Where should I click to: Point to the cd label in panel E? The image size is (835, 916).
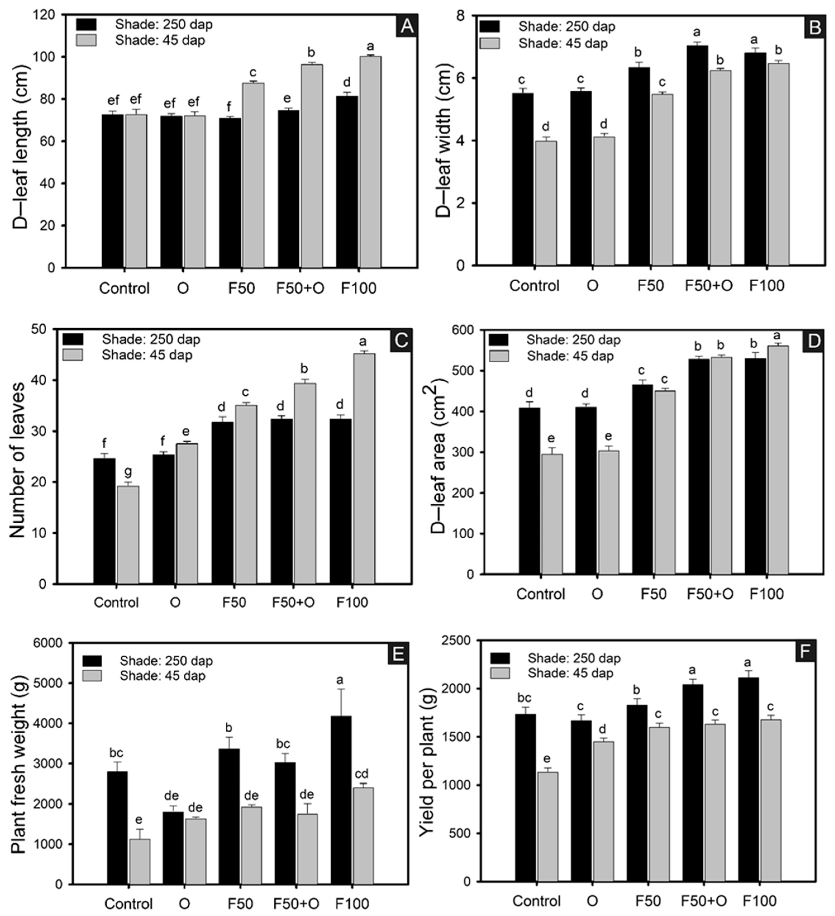pyautogui.click(x=362, y=773)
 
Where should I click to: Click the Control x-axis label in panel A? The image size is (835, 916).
pyautogui.click(x=124, y=289)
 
